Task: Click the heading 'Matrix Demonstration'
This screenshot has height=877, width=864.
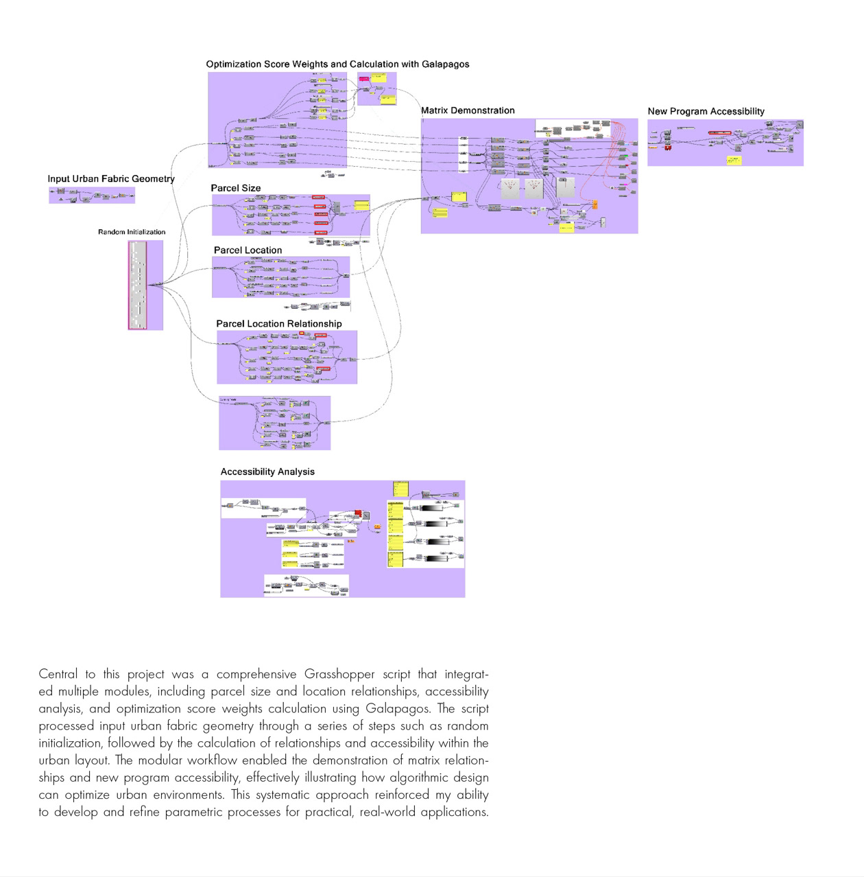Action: (x=468, y=110)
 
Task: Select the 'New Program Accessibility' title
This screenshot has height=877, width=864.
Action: (x=706, y=111)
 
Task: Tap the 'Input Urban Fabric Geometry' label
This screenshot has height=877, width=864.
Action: (x=111, y=179)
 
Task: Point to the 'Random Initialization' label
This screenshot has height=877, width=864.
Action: (x=132, y=232)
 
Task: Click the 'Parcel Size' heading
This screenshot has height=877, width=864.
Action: (x=235, y=188)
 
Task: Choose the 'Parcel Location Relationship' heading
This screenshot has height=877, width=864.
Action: (x=278, y=324)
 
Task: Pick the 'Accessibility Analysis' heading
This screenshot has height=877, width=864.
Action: (x=267, y=472)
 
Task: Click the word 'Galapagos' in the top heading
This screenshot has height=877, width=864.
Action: (x=446, y=65)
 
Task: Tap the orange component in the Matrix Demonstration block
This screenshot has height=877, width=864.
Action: (x=595, y=204)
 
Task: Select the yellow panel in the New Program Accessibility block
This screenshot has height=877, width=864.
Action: (x=734, y=160)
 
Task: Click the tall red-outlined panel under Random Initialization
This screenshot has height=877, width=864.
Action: (x=137, y=285)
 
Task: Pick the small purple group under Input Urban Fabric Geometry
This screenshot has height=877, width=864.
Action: (x=92, y=196)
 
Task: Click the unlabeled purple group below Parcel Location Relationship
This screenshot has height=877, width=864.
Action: (x=274, y=423)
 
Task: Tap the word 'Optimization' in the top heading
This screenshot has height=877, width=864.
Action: (x=234, y=65)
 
